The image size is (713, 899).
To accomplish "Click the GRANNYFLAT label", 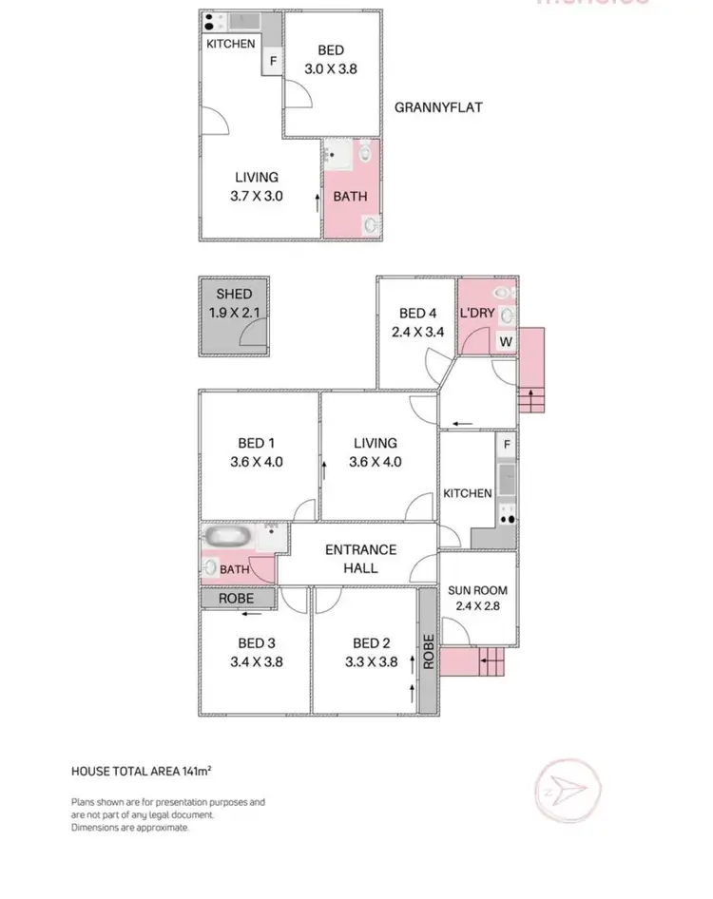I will [438, 107].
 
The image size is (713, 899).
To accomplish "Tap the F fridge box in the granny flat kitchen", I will [273, 61].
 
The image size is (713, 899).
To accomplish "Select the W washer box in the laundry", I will [506, 342].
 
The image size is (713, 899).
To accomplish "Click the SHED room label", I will [234, 295].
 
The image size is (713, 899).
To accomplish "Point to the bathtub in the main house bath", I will [227, 536].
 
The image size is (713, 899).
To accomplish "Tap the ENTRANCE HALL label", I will [360, 559].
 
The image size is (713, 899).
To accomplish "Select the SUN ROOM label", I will [477, 590].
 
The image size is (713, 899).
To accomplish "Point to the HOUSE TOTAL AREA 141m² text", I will [147, 771].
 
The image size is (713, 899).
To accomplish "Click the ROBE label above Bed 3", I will [235, 599].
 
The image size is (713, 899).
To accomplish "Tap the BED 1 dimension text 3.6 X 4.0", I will [257, 462].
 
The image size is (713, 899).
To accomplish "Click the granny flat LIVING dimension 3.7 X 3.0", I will [257, 197].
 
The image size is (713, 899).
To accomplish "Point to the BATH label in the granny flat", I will [349, 198].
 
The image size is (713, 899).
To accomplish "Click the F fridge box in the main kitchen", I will [508, 444].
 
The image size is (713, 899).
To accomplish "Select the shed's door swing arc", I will [252, 332].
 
